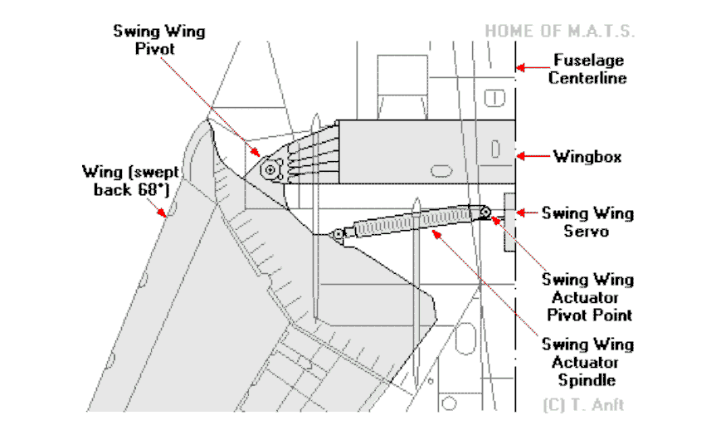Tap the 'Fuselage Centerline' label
(589, 69)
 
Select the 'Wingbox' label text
(587, 155)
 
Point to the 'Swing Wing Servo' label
(587, 222)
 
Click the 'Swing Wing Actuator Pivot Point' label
(587, 297)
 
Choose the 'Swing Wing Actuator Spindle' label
(587, 362)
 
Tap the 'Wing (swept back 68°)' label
(122, 181)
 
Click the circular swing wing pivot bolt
(269, 169)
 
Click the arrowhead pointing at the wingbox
(522, 155)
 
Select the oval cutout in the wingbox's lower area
(441, 170)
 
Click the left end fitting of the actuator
(338, 234)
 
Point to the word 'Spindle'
(587, 380)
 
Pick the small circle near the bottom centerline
(449, 404)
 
